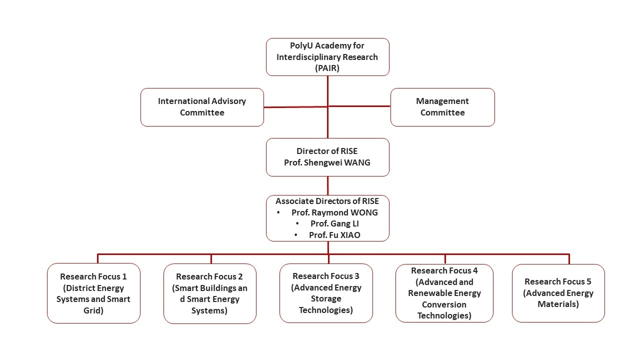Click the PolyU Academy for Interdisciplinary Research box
tap(327, 57)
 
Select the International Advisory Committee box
tap(202, 107)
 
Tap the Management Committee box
tap(442, 107)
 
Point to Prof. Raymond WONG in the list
tap(334, 212)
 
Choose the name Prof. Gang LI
tap(334, 223)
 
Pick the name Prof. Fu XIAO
tap(334, 235)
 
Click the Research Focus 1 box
tap(93, 293)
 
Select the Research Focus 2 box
tap(210, 293)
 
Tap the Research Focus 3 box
tap(326, 293)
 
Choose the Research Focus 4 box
tap(444, 293)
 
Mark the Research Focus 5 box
tap(558, 293)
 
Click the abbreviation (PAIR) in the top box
tap(327, 68)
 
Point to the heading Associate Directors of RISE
tap(327, 201)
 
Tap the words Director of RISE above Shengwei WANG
tap(327, 151)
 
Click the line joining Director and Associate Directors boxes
tap(328, 185)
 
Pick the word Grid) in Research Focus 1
tap(93, 310)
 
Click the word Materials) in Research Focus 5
tap(558, 304)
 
